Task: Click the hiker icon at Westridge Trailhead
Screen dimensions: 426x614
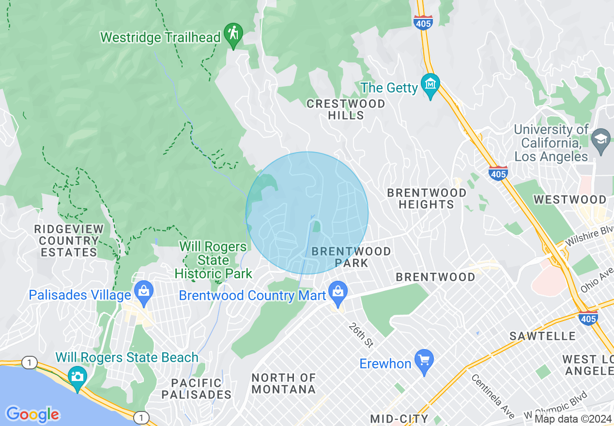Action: click(x=233, y=34)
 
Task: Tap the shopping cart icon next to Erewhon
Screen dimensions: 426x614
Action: click(x=425, y=361)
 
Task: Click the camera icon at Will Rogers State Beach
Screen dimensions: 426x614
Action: click(x=77, y=377)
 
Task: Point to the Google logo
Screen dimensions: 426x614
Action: click(x=32, y=414)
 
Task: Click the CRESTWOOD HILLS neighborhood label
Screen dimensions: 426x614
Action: click(x=346, y=109)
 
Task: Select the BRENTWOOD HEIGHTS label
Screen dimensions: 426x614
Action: click(x=427, y=198)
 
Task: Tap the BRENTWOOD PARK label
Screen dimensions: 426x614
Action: click(x=351, y=257)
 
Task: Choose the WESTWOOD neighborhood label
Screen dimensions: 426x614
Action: click(x=569, y=199)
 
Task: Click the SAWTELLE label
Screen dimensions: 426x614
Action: click(x=542, y=336)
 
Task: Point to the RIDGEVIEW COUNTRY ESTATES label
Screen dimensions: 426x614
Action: click(x=68, y=241)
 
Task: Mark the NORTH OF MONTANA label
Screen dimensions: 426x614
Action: click(x=283, y=383)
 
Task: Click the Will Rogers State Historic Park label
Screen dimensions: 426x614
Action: click(x=213, y=260)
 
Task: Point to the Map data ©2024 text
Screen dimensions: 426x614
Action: click(x=573, y=419)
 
